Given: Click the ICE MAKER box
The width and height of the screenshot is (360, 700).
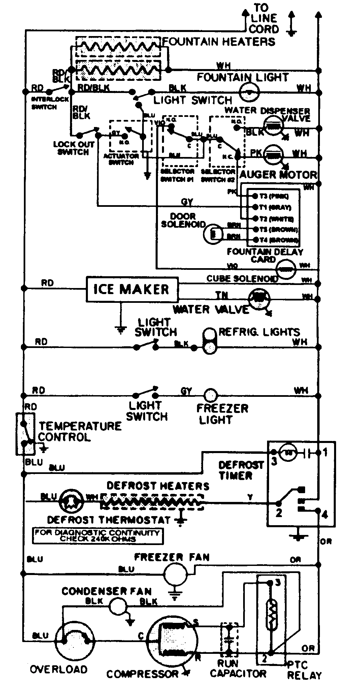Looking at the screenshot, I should (132, 289).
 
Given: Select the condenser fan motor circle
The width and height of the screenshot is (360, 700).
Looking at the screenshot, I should (117, 606).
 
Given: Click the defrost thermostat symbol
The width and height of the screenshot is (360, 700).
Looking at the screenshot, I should (71, 501).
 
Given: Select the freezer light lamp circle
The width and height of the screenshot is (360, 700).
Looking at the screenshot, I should (211, 395).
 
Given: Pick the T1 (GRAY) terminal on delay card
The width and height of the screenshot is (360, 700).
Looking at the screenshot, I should (251, 207).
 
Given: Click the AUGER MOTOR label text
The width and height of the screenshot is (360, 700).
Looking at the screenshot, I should (278, 174).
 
